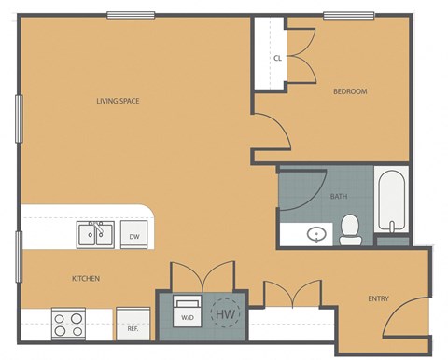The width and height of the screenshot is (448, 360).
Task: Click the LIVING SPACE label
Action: click(x=118, y=101)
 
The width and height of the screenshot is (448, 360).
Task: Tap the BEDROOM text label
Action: click(x=350, y=91)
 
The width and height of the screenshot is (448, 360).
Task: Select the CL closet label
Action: click(x=277, y=58)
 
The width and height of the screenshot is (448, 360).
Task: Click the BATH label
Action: click(x=339, y=197)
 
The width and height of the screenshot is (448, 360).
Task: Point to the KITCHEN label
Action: click(x=86, y=278)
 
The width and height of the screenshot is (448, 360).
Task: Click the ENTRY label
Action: click(x=378, y=298)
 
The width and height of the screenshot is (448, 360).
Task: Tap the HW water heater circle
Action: click(x=225, y=315)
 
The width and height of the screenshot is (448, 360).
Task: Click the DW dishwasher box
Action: click(x=134, y=236)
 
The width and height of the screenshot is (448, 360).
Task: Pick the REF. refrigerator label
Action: click(x=133, y=329)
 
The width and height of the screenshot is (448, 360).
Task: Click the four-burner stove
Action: click(x=68, y=324)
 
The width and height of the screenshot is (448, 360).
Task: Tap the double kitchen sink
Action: click(x=95, y=233)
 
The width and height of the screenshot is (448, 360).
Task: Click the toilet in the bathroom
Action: click(x=351, y=228)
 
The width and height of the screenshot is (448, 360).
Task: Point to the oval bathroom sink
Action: click(x=317, y=234)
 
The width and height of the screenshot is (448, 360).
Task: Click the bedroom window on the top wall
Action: click(x=349, y=14)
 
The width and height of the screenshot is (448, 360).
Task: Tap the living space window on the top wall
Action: click(x=131, y=14)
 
